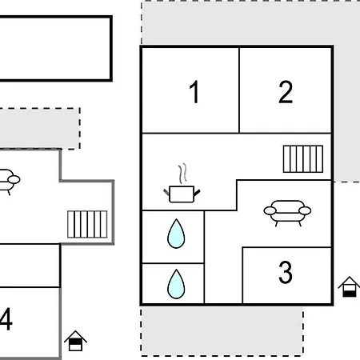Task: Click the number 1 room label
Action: click(194, 92)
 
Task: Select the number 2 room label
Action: click(286, 92)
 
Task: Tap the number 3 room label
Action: click(286, 272)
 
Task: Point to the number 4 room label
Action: click(6, 319)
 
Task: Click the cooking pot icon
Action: click(182, 194)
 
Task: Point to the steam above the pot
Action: click(182, 174)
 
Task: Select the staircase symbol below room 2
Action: click(303, 159)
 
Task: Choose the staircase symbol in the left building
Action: click(87, 224)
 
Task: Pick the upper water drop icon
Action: click(176, 234)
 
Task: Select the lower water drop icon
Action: click(176, 284)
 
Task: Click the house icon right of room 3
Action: click(349, 287)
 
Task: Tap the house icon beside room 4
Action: click(75, 341)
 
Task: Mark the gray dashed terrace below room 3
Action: click(222, 331)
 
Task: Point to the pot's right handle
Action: click(197, 193)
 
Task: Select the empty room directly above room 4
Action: click(30, 266)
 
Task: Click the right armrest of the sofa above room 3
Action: click(305, 210)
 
